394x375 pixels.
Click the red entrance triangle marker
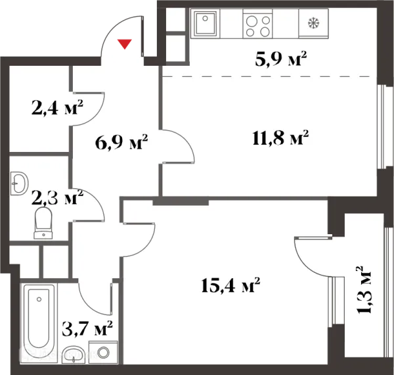click(x=125, y=44)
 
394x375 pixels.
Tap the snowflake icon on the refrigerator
click(x=314, y=23)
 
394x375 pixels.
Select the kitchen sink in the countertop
click(x=206, y=24)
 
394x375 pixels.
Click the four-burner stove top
click(x=258, y=24)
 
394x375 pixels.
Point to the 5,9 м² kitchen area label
click(x=280, y=59)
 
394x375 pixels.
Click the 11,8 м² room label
click(x=280, y=137)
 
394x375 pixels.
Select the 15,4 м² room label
click(x=230, y=285)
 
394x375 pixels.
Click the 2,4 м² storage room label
click(x=57, y=107)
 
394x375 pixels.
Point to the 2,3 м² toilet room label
click(x=57, y=197)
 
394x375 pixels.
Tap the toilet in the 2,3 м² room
click(x=43, y=223)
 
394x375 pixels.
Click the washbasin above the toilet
click(x=18, y=183)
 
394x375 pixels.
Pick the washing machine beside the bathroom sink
click(x=103, y=353)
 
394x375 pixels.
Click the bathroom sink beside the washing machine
click(x=74, y=355)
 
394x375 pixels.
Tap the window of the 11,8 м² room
click(x=382, y=126)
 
